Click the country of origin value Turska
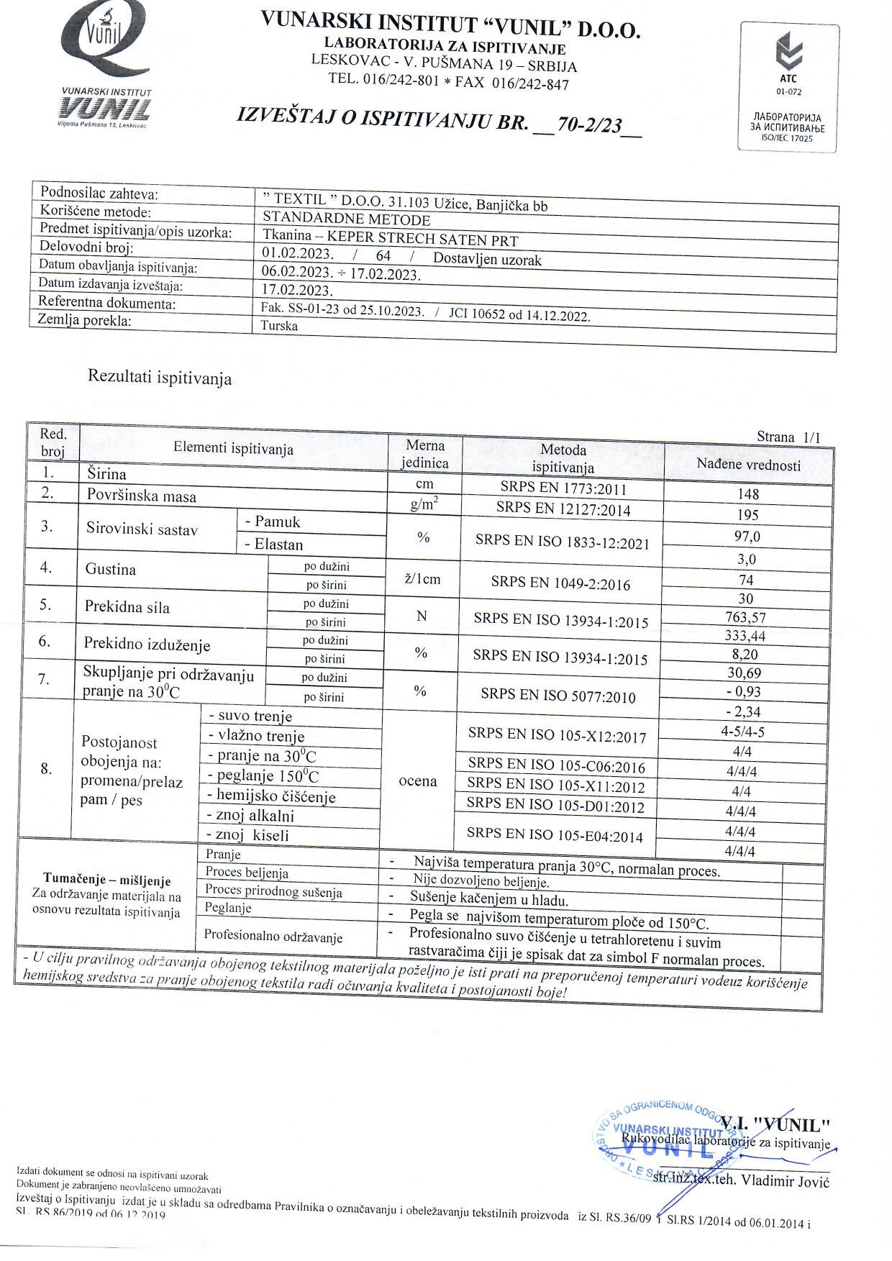pos(280,326)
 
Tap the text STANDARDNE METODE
pos(346,219)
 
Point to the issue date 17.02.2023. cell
pos(297,291)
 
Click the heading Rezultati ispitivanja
pos(160,377)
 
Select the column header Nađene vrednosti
pos(748,465)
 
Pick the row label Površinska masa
pos(141,496)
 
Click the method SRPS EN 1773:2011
pos(563,489)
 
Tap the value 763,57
pos(746,616)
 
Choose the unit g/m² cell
pos(424,504)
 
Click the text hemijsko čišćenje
pos(272,796)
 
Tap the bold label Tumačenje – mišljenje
pos(106,880)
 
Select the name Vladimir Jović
pos(785,1181)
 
